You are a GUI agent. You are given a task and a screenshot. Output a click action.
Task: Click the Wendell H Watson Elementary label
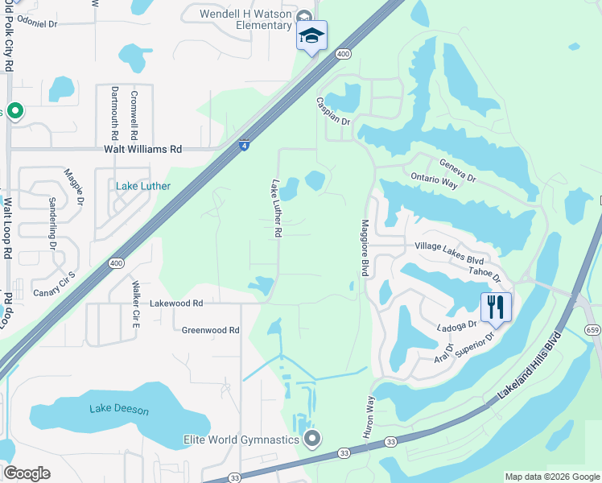point(245,19)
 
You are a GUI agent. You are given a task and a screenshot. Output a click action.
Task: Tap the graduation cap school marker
point(311,36)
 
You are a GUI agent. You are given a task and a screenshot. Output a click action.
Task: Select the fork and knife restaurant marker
point(496,307)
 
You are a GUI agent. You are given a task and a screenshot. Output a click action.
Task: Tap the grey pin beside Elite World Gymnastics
point(313,439)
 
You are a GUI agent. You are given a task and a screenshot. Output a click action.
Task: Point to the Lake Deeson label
point(119,410)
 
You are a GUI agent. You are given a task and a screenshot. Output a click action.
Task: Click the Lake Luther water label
point(143,186)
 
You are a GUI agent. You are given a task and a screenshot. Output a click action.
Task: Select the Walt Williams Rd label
point(142,149)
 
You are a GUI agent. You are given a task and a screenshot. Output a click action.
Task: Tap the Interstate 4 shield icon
point(244,145)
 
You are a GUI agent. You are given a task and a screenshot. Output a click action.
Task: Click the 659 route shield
point(592,307)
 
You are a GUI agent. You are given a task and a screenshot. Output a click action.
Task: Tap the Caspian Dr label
point(334,114)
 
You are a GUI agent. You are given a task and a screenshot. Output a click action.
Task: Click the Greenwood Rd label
point(210,330)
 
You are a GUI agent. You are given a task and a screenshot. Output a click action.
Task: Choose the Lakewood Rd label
point(176,303)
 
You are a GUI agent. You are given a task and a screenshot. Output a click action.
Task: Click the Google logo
point(27,473)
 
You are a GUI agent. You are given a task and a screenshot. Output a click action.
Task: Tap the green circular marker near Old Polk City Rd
point(14,110)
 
